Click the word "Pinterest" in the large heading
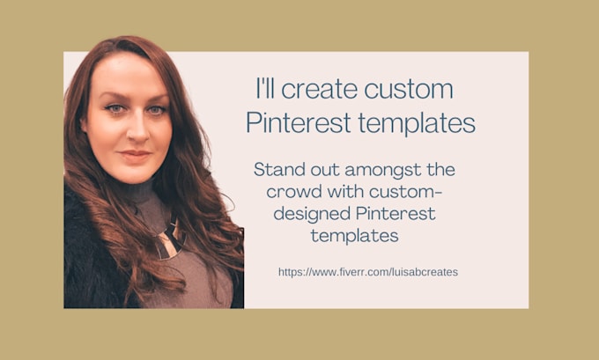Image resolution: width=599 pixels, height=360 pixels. (x=297, y=122)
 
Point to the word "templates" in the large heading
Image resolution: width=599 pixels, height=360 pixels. (x=414, y=122)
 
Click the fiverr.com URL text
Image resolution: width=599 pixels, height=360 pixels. (x=367, y=272)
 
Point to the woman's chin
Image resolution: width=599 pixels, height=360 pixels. (x=136, y=174)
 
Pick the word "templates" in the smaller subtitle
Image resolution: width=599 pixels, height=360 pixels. (x=355, y=236)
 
